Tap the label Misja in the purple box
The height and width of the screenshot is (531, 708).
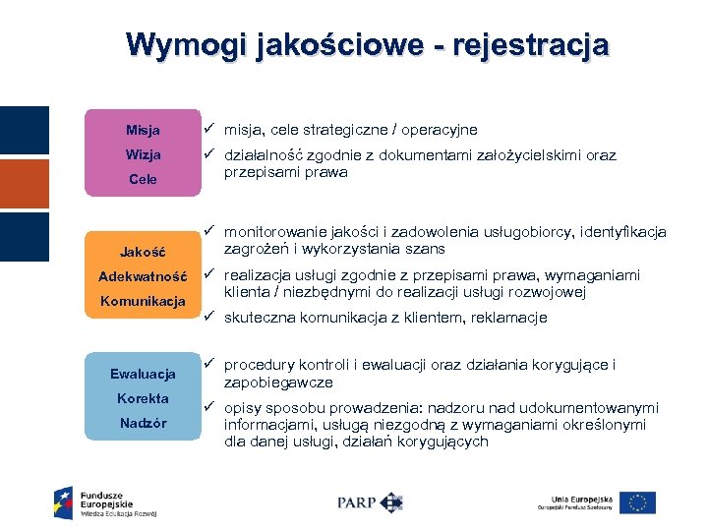(x=143, y=131)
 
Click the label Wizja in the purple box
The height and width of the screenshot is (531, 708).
(x=143, y=155)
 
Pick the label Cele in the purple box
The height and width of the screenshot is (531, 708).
(x=143, y=180)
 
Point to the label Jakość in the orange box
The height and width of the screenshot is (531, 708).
(x=143, y=252)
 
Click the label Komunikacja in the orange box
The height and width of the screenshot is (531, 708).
(x=143, y=301)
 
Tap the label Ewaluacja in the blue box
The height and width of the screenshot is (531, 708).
(x=143, y=374)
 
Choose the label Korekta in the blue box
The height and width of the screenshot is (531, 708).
(x=143, y=398)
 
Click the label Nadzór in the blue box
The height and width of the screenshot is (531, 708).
(x=143, y=423)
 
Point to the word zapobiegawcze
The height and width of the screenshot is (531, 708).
(x=278, y=383)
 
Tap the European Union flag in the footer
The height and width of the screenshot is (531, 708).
(x=637, y=502)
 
